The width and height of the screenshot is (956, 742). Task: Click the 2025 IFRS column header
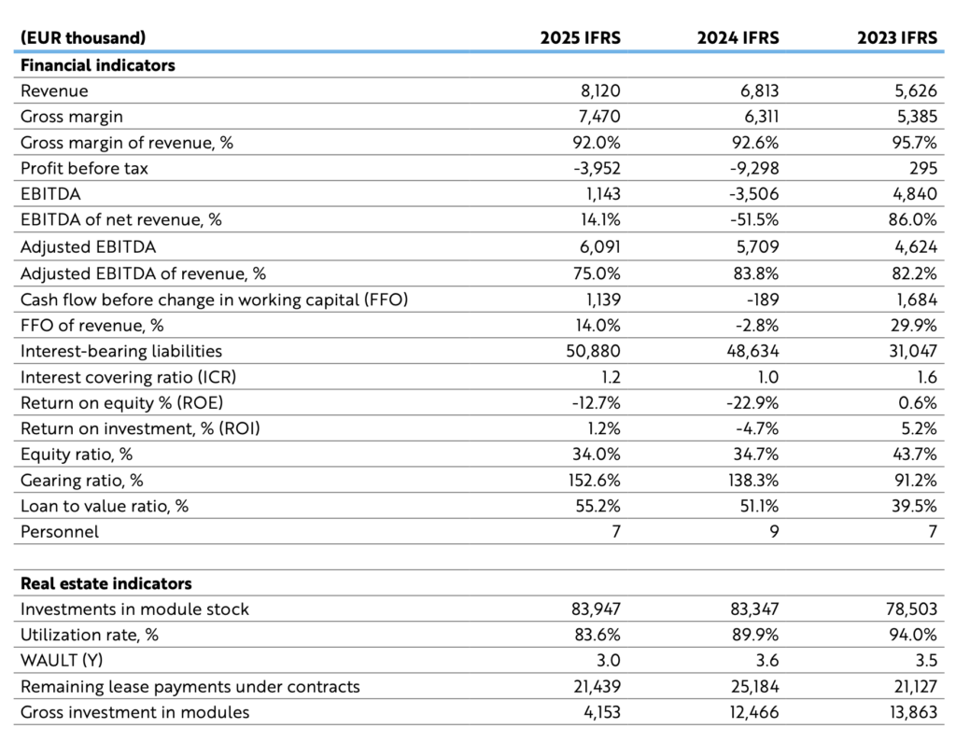coord(580,38)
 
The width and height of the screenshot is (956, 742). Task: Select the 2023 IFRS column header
coord(897,38)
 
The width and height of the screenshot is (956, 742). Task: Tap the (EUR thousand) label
coord(83,38)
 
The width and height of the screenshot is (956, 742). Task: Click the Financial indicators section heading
coord(97,65)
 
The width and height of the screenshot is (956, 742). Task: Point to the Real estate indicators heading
coord(106,583)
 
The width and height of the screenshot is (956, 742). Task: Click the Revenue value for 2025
coord(600,91)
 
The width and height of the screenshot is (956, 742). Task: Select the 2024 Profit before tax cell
coord(754,168)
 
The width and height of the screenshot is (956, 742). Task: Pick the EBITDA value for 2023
coord(913,194)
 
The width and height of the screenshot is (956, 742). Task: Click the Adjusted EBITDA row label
coord(88,247)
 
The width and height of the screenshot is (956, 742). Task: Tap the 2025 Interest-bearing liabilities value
coord(593,351)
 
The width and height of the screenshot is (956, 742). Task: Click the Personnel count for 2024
coord(774,532)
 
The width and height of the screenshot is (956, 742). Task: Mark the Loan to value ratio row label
coord(105,506)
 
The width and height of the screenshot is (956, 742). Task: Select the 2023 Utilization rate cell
coord(913,635)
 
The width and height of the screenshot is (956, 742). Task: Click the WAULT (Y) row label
coord(62,660)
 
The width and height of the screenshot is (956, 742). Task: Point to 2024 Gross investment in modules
coord(754,712)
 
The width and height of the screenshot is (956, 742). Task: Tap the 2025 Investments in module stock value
coord(596,609)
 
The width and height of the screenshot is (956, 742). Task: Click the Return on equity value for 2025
coord(596,403)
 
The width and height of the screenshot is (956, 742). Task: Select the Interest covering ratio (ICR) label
coord(128,377)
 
